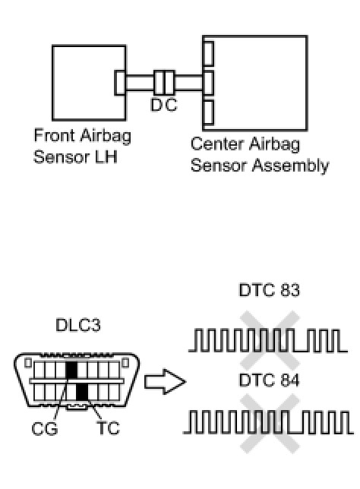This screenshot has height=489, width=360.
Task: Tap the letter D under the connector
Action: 156,105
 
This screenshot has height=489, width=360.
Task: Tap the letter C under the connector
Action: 171,105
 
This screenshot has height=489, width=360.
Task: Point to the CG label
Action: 45,428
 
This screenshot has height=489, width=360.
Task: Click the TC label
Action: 108,428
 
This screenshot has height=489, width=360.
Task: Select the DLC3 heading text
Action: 78,325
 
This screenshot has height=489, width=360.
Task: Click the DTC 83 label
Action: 269,290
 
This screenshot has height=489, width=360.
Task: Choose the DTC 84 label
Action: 269,380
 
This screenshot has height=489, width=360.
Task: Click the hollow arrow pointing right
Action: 165,381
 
